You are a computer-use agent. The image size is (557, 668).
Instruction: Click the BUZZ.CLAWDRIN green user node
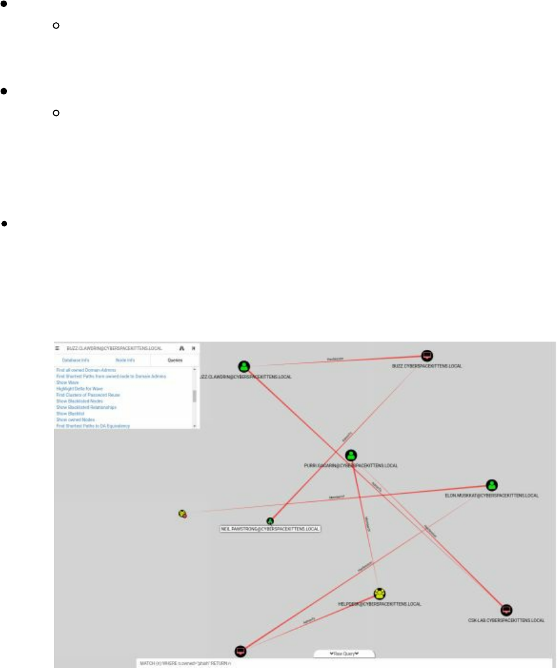(244, 366)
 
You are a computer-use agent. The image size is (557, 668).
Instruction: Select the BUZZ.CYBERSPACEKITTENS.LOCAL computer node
(427, 356)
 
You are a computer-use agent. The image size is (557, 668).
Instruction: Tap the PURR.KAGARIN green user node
(351, 455)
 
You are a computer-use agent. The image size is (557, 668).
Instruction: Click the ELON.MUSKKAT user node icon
(492, 485)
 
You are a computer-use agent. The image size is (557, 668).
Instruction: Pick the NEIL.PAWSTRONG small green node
(270, 521)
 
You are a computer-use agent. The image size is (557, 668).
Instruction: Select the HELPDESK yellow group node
(379, 594)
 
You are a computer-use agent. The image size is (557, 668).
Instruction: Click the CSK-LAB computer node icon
(506, 610)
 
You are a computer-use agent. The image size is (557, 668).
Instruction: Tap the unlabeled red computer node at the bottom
(240, 651)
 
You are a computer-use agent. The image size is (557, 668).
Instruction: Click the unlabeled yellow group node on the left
(183, 513)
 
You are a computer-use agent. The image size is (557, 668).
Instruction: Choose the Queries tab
(176, 360)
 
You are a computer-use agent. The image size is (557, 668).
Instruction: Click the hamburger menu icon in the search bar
(58, 348)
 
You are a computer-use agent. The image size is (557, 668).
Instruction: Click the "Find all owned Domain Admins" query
(86, 369)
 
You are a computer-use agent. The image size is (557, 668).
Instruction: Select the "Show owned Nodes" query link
(75, 420)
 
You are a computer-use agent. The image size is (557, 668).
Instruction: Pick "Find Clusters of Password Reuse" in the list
(88, 395)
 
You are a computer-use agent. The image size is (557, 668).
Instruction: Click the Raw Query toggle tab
(344, 653)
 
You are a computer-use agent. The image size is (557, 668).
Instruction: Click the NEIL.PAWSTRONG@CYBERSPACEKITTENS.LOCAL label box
(270, 529)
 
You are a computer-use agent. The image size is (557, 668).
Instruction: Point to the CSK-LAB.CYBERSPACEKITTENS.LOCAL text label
(506, 620)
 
